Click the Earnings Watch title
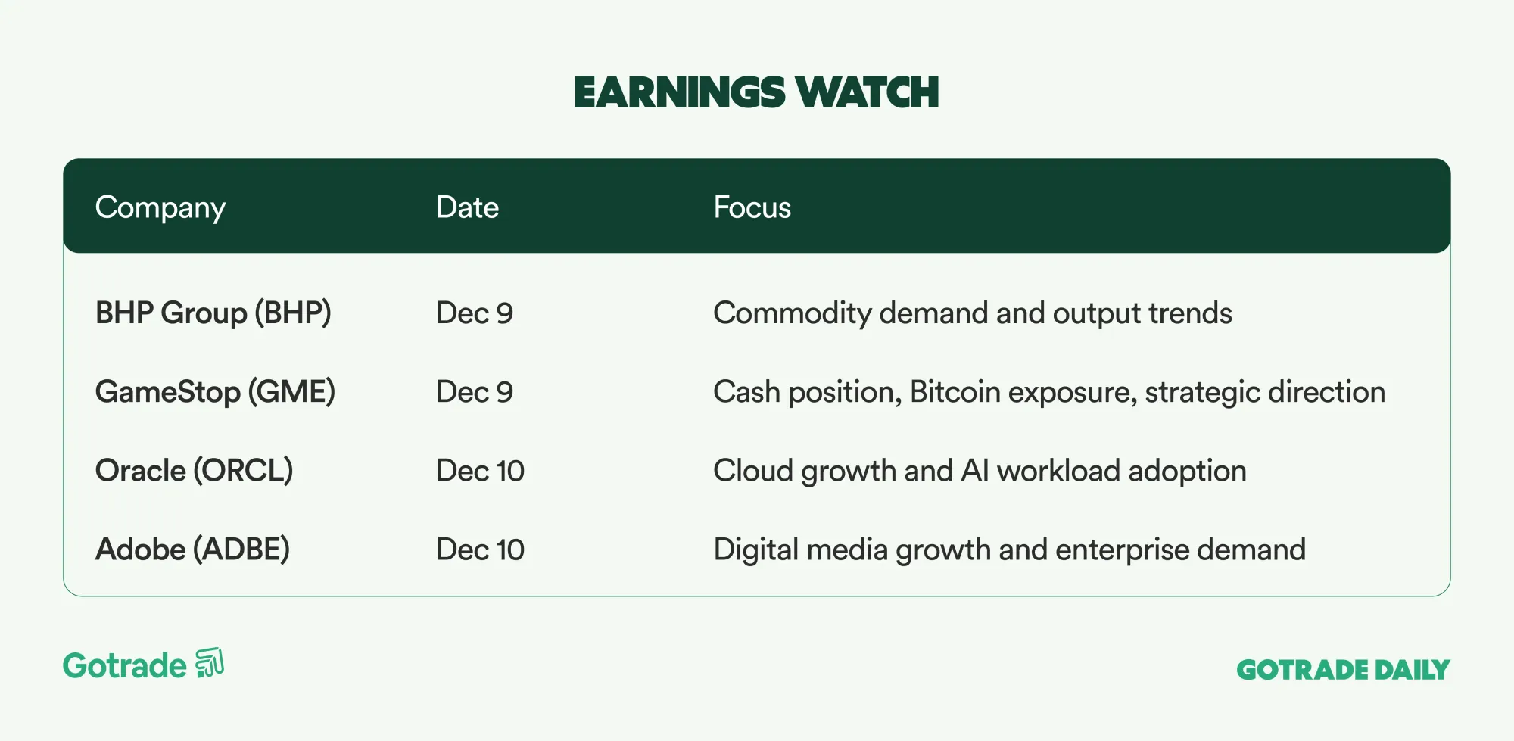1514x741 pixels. pyautogui.click(x=756, y=92)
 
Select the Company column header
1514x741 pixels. pyautogui.click(x=160, y=208)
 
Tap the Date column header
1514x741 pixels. pyautogui.click(x=467, y=207)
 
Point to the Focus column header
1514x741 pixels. pyautogui.click(x=752, y=207)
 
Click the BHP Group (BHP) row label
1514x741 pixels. pyautogui.click(x=213, y=313)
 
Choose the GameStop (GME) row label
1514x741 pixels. pyautogui.click(x=215, y=392)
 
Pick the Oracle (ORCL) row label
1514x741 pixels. pyautogui.click(x=194, y=471)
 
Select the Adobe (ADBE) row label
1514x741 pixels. pyautogui.click(x=192, y=550)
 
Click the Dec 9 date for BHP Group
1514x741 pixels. pyautogui.click(x=475, y=313)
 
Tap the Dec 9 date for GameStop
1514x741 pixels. pyautogui.click(x=475, y=392)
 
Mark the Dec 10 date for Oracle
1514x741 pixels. pyautogui.click(x=480, y=471)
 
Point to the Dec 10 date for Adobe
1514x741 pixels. pyautogui.click(x=480, y=550)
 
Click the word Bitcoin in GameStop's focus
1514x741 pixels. pyautogui.click(x=955, y=392)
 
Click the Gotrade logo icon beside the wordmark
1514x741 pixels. pyautogui.click(x=210, y=664)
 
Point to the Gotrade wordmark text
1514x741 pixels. pyautogui.click(x=125, y=666)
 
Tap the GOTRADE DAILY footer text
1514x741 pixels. pyautogui.click(x=1343, y=670)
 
